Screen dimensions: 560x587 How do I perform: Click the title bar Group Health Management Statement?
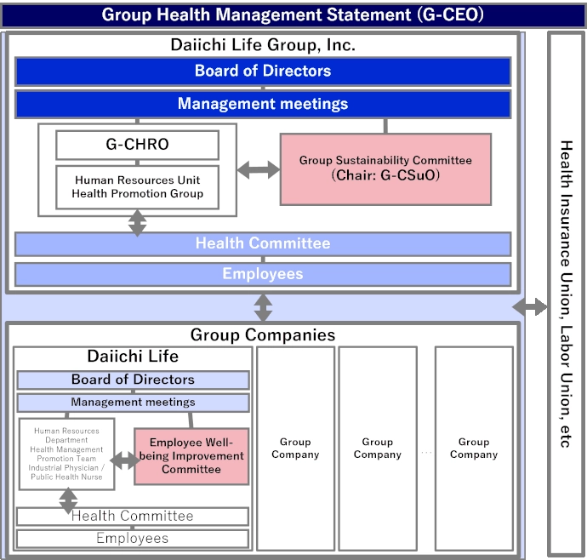[x=293, y=14]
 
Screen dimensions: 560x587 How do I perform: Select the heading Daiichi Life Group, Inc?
[x=263, y=45]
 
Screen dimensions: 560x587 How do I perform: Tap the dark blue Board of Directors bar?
[x=263, y=71]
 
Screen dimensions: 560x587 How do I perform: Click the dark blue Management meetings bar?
[x=263, y=104]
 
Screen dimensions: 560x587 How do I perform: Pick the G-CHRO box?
[x=137, y=145]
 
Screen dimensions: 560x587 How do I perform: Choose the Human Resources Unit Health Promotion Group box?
[x=137, y=187]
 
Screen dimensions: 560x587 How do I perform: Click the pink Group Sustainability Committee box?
[x=385, y=169]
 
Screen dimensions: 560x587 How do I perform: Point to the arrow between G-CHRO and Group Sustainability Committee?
[x=258, y=169]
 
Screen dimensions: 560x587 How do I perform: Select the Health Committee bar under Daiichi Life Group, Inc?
[x=263, y=244]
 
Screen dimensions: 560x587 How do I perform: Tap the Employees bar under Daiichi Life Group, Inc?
[x=263, y=274]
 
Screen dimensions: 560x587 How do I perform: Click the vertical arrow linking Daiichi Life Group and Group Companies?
[x=264, y=307]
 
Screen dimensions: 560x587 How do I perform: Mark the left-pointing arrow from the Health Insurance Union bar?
[x=528, y=307]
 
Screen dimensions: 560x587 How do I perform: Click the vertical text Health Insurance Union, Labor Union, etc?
[x=566, y=294]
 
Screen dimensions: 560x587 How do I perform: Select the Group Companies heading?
[x=263, y=335]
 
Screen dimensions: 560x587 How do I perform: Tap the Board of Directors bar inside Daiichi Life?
[x=133, y=380]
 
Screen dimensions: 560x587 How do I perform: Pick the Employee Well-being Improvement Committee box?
[x=191, y=456]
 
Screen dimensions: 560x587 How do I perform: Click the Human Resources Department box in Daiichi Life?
[x=66, y=454]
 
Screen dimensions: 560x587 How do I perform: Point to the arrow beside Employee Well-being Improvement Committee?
[x=124, y=460]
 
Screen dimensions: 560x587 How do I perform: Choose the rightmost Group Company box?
[x=474, y=449]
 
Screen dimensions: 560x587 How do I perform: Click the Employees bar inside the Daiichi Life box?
[x=133, y=539]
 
